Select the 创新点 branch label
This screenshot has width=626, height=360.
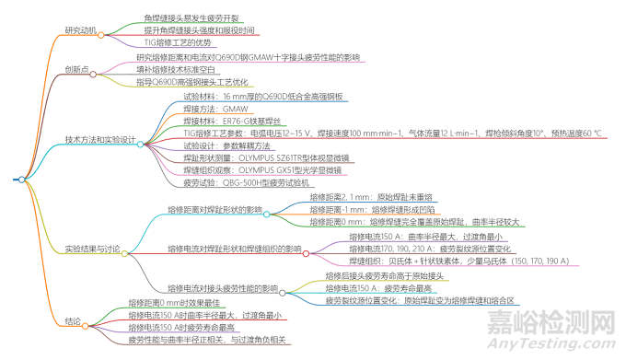tap(78, 69)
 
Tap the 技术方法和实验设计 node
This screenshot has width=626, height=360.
tap(100, 140)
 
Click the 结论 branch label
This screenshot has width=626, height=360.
tap(74, 320)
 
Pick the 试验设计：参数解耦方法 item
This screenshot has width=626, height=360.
tap(226, 145)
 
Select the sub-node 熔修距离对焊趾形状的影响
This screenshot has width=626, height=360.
tap(215, 210)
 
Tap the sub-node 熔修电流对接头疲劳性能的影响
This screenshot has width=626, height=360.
tap(223, 287)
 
